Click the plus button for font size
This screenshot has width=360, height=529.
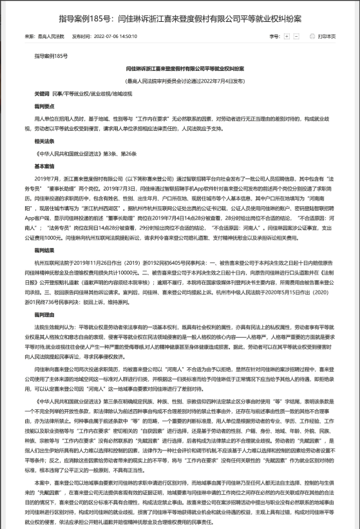click(287, 37)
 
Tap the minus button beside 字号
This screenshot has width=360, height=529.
click(297, 37)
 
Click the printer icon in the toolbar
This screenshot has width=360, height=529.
click(312, 37)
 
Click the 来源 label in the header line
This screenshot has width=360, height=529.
click(30, 37)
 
